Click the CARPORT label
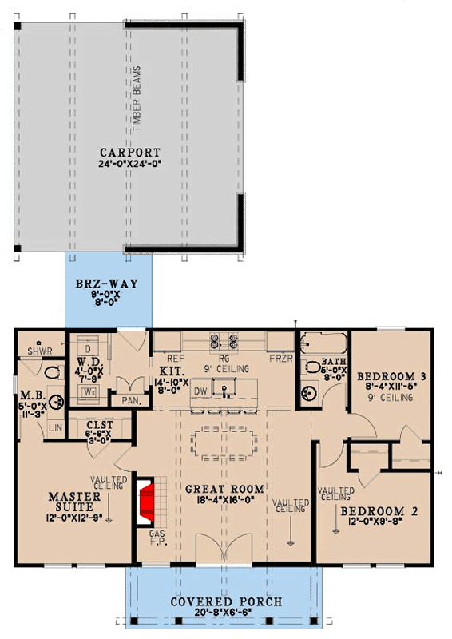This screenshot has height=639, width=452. click(x=129, y=153)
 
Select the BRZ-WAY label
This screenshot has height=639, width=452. click(x=106, y=284)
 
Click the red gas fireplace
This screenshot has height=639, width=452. click(x=145, y=500)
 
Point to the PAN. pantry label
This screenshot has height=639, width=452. click(x=131, y=401)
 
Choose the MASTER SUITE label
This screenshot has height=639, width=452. click(x=73, y=502)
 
